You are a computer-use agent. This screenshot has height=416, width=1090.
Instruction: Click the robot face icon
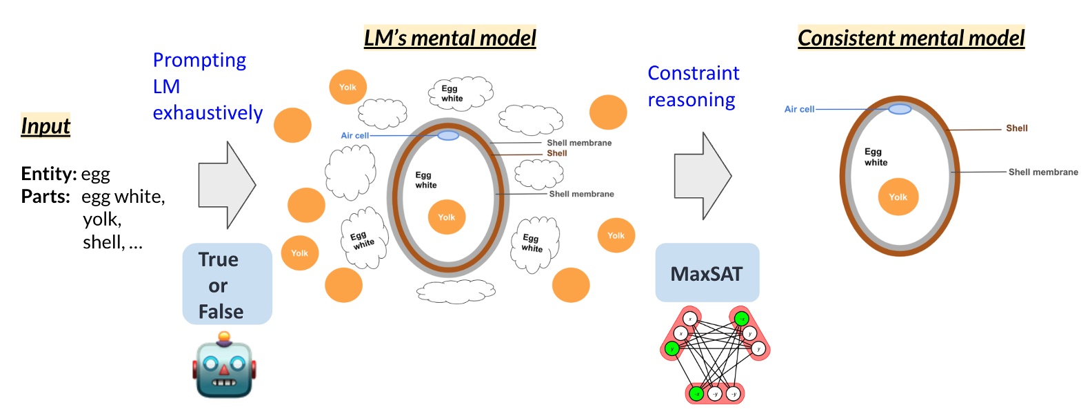[x=224, y=366]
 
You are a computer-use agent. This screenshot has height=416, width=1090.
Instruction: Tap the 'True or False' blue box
[x=227, y=284]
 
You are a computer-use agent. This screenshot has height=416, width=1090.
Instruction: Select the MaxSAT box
[x=707, y=273]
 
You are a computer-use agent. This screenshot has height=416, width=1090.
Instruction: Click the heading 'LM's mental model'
[x=450, y=37]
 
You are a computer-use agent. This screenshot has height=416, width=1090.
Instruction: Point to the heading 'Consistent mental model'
[x=911, y=37]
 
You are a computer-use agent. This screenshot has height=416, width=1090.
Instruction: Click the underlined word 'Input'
[x=46, y=126]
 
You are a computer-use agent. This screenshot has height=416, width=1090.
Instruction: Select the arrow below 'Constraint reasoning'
[x=702, y=177]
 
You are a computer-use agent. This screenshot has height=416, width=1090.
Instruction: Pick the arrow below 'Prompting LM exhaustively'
[x=226, y=185]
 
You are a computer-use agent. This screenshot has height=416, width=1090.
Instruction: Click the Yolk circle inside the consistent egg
[x=898, y=197]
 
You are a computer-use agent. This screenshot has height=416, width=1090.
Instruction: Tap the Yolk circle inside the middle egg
[x=447, y=217]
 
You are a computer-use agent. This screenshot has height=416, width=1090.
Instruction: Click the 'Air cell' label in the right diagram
[x=799, y=109]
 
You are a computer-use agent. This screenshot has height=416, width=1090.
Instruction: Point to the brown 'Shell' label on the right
[x=1016, y=128]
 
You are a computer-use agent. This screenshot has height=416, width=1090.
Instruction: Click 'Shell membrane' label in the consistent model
[x=1042, y=172]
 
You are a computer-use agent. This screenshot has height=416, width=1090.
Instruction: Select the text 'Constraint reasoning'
[x=693, y=86]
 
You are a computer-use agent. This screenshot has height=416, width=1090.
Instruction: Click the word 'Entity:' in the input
[x=48, y=173]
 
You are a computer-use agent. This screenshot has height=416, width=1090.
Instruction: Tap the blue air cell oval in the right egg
[x=900, y=109]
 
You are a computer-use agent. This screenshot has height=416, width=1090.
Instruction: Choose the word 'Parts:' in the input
[x=46, y=197]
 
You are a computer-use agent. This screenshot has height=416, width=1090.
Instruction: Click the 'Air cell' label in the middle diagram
[x=354, y=136]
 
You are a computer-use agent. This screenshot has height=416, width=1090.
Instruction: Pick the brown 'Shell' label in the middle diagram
[x=556, y=153]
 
